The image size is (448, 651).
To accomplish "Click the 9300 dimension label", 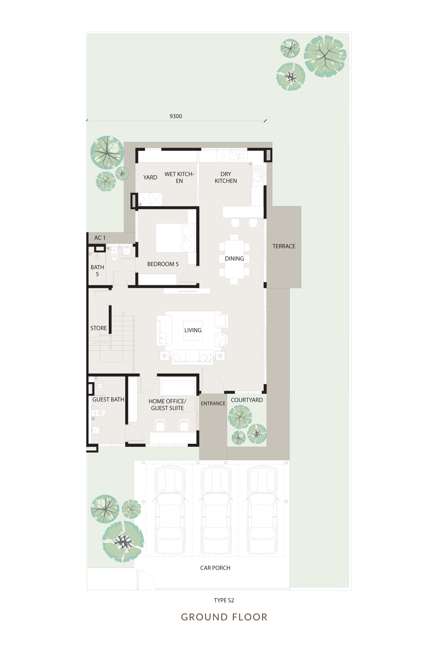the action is pos(176,116).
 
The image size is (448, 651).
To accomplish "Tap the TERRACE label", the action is pos(284,246).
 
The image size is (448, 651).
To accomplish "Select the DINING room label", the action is pos(234,259).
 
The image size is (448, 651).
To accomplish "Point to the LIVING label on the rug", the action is pos(193,330).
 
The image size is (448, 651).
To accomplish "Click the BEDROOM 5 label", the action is pos(163,264).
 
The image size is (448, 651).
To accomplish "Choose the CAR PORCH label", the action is pos(215,568).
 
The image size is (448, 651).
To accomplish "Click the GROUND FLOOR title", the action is pos(224,617).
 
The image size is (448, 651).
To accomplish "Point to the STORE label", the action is pos(98,328).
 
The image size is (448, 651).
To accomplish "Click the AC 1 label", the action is pos(100,238).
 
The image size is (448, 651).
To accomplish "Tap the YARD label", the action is pos(150,178).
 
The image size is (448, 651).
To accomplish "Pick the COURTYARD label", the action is pos(247,400).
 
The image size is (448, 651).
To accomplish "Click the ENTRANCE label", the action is pos(213,403).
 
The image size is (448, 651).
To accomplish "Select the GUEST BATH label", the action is pos(108,400).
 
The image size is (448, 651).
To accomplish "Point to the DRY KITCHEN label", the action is pos(226,178).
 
